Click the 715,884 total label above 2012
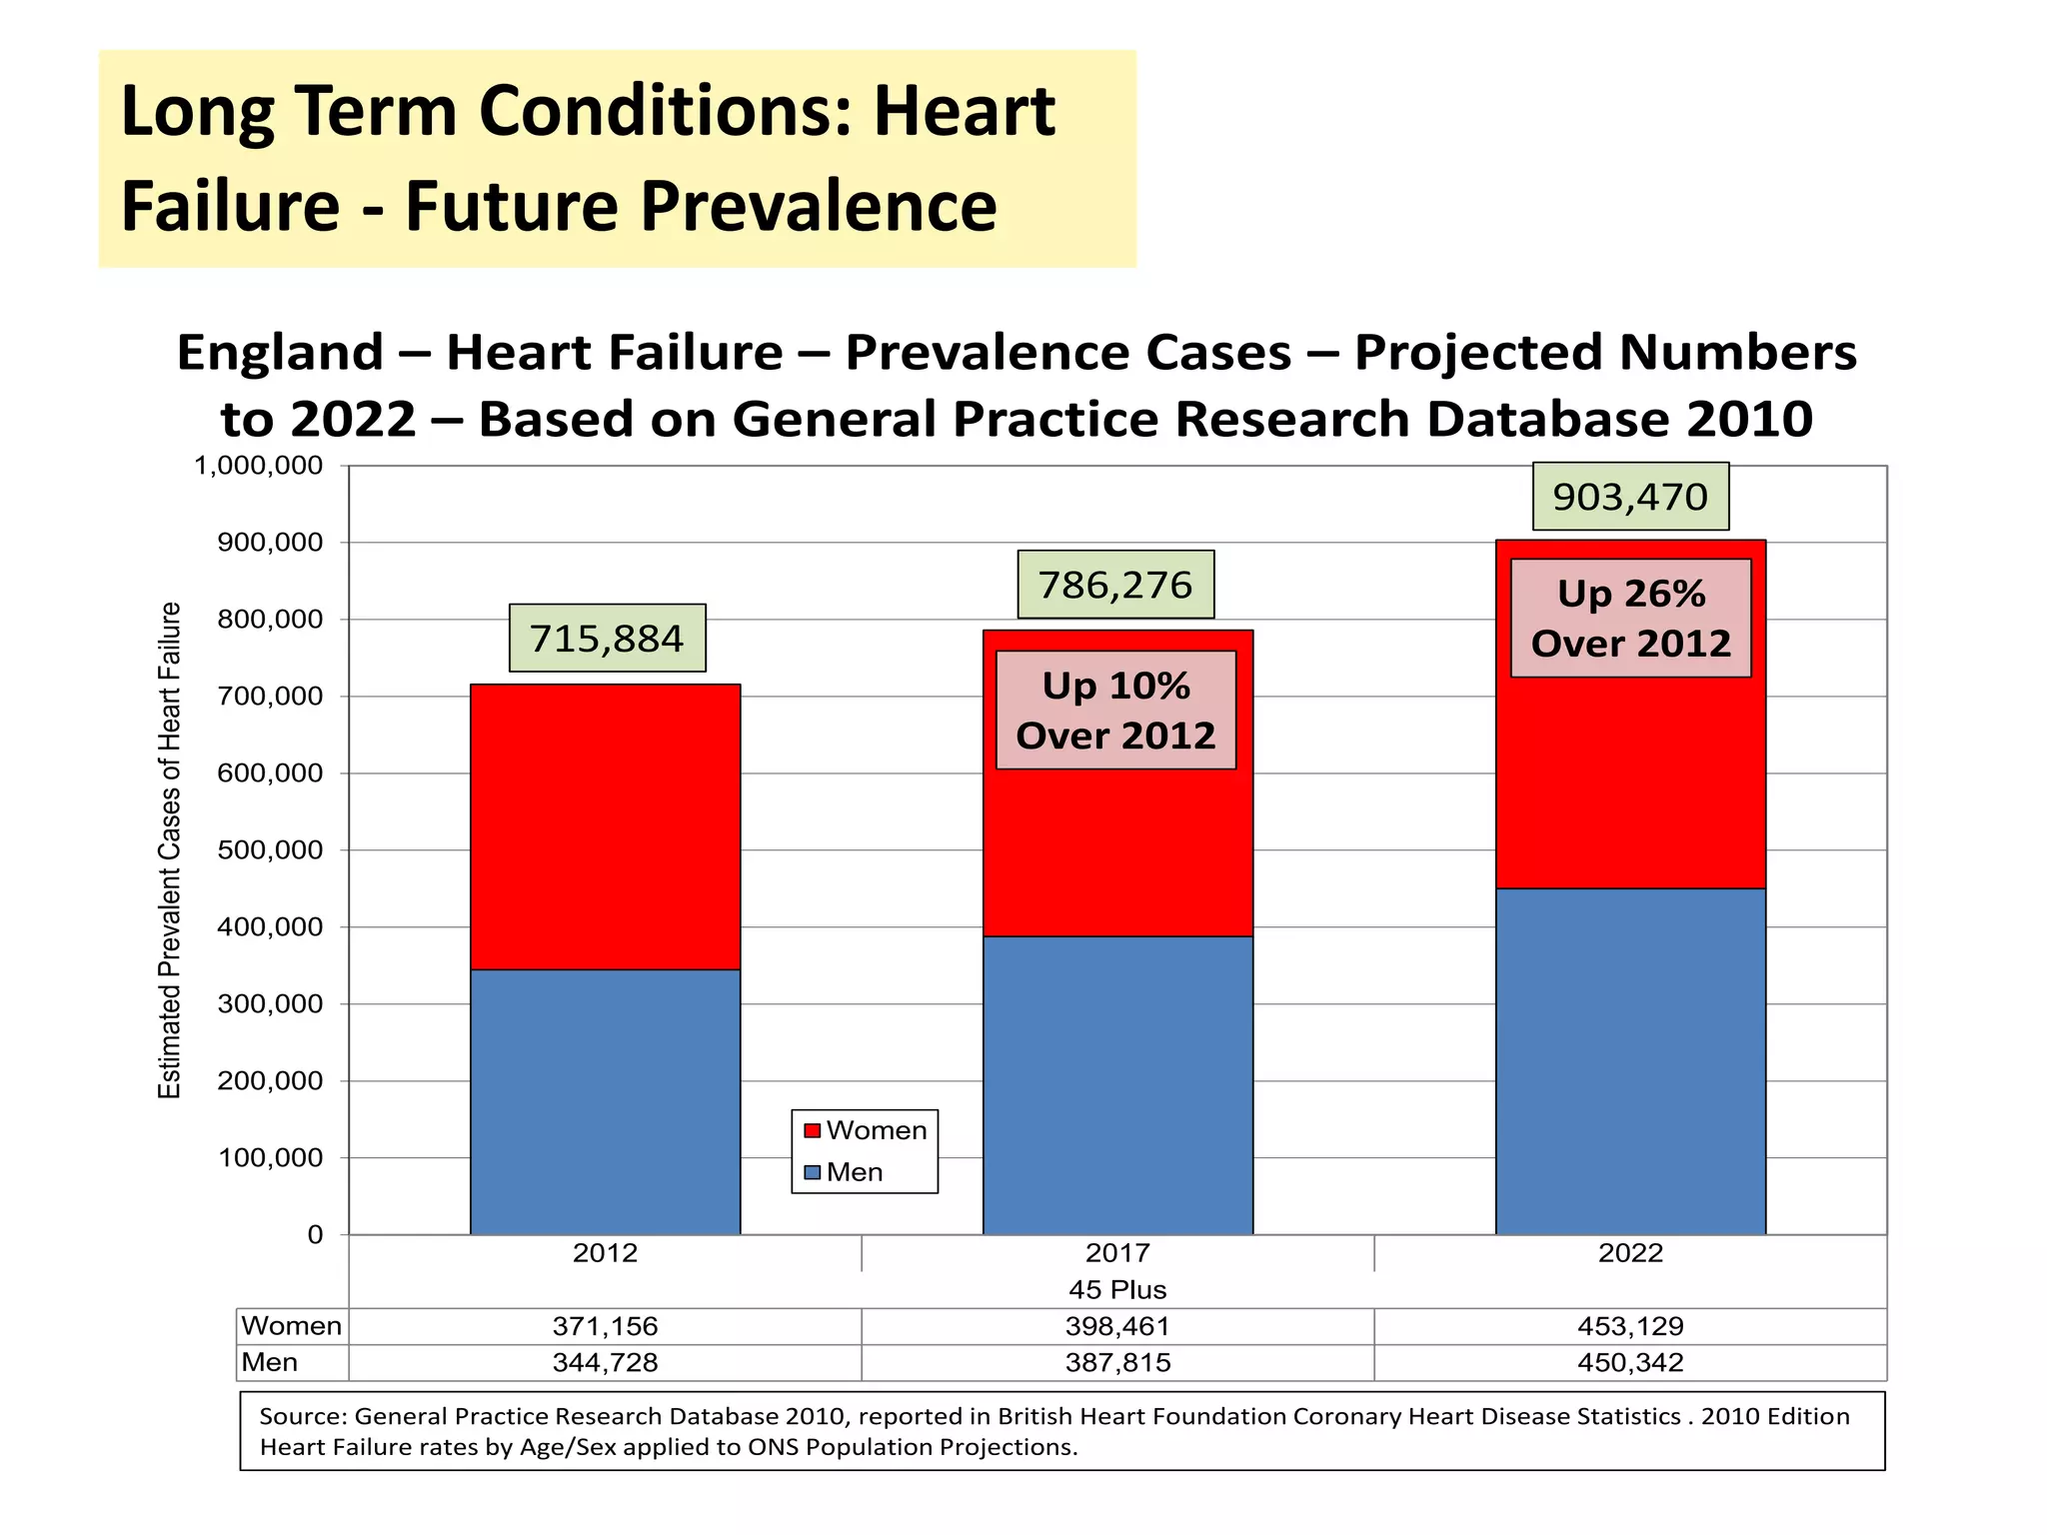point(607,638)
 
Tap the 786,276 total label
point(1115,585)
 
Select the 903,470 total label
point(1630,497)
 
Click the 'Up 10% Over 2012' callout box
point(1115,711)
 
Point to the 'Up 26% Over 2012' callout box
point(1630,619)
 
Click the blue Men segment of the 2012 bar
point(605,1101)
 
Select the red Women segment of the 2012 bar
point(605,826)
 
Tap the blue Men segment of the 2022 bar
point(1630,1061)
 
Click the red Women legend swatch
point(813,1130)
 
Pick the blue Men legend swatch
point(813,1172)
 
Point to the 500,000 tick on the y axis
point(270,850)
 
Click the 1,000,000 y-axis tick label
point(258,466)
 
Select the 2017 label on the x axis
point(1117,1253)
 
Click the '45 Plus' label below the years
point(1117,1290)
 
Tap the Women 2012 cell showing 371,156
point(605,1327)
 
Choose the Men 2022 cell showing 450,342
point(1630,1363)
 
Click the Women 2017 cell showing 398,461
point(1117,1327)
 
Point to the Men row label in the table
point(270,1363)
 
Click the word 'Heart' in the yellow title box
point(964,111)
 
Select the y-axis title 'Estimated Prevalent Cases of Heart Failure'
point(170,850)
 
